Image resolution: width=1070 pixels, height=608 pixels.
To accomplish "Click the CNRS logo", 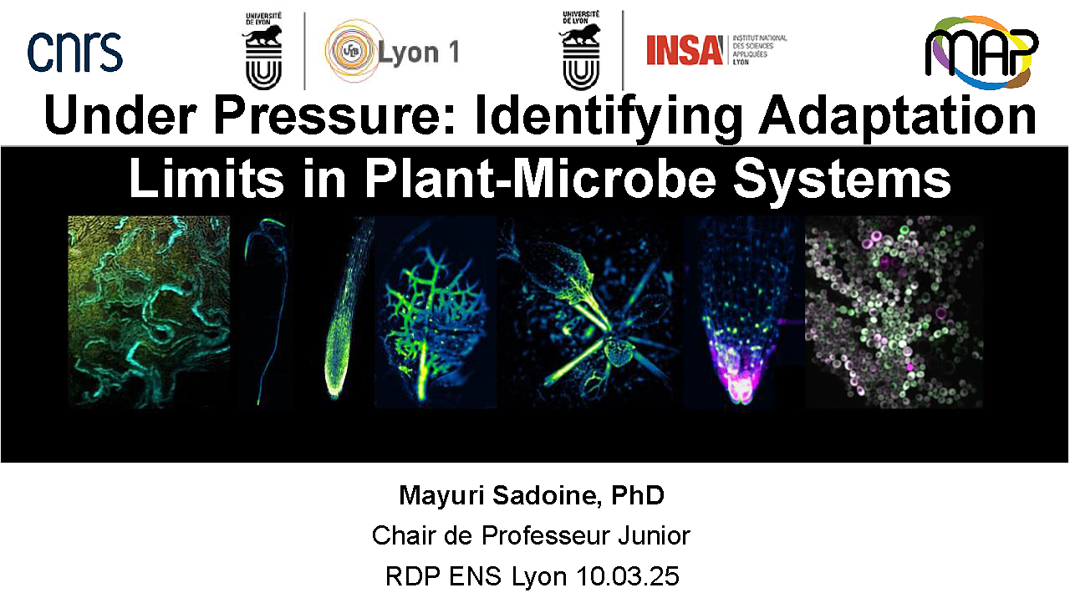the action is tap(75, 52).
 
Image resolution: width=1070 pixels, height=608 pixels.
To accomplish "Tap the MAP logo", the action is tap(981, 53).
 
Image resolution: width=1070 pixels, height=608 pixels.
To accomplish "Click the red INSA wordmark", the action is tap(685, 50).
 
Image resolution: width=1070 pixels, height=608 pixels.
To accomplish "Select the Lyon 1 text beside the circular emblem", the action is tap(419, 52).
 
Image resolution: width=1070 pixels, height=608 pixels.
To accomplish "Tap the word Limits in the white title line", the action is tap(206, 179).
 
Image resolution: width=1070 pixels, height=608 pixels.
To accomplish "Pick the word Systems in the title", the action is tap(842, 180).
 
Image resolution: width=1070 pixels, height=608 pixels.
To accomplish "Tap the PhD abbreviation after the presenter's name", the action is tap(638, 495).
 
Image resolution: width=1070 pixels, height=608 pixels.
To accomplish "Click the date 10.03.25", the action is tap(628, 576).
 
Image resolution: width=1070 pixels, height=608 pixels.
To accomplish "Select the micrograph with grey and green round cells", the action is tap(894, 312).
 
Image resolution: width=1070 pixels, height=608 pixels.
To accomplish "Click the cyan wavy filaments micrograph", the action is tap(149, 312).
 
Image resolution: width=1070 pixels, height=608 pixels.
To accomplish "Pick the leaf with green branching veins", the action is tap(435, 315).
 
